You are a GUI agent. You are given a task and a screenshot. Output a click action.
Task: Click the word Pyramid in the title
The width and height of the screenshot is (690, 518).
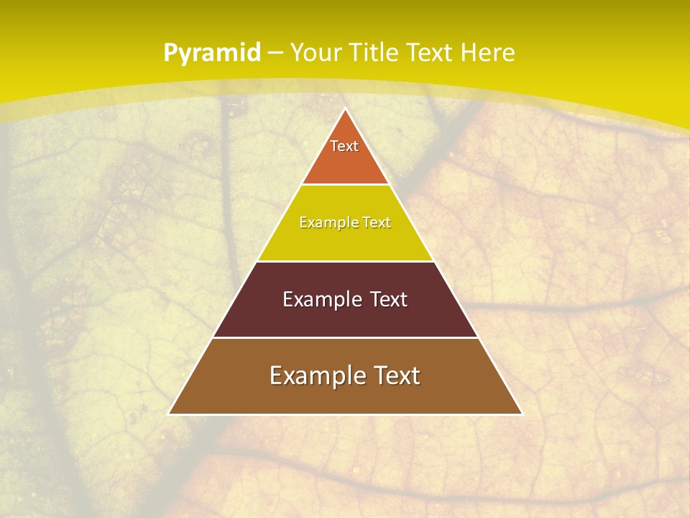pyautogui.click(x=211, y=53)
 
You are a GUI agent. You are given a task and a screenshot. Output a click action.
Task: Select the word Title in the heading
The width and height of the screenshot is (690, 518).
pyautogui.click(x=374, y=53)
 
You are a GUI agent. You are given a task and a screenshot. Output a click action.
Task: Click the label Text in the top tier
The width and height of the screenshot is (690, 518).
pyautogui.click(x=344, y=146)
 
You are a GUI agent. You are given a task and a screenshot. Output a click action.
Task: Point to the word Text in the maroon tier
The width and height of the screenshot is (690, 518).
pyautogui.click(x=389, y=299)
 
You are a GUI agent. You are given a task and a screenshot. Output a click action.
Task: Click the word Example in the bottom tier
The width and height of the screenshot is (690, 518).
pyautogui.click(x=317, y=376)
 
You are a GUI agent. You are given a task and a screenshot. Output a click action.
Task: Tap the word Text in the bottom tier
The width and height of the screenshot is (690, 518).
pyautogui.click(x=396, y=376)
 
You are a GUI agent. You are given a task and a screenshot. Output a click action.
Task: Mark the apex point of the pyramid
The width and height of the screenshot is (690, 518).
pyautogui.click(x=345, y=109)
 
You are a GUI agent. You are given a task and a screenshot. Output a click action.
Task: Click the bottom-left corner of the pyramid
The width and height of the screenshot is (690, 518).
pyautogui.click(x=169, y=414)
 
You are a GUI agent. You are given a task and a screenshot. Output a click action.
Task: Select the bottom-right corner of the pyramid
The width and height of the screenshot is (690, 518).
pyautogui.click(x=522, y=414)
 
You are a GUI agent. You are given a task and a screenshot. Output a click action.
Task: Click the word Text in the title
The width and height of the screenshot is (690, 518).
pyautogui.click(x=429, y=53)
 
